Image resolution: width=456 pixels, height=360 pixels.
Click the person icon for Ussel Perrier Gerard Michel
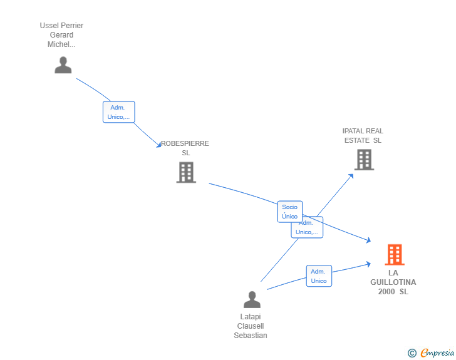click(x=63, y=65)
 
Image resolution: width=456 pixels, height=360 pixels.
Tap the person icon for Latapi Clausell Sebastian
click(x=252, y=299)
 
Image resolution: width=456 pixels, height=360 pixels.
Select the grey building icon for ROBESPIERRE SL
click(x=186, y=172)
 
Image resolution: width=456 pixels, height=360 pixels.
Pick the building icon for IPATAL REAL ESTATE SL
click(x=364, y=160)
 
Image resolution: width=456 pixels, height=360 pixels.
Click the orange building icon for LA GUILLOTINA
click(x=395, y=255)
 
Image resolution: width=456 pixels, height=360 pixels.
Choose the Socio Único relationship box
click(x=290, y=212)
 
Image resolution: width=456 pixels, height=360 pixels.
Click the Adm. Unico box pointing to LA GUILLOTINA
click(x=319, y=276)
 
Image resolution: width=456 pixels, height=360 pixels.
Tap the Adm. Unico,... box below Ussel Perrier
click(x=118, y=112)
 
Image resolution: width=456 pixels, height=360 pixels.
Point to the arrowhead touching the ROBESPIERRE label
click(x=159, y=145)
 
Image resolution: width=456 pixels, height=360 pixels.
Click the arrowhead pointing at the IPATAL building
click(x=351, y=176)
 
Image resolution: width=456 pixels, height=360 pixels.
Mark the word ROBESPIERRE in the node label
click(x=185, y=143)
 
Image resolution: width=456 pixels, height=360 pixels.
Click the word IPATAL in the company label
click(x=351, y=131)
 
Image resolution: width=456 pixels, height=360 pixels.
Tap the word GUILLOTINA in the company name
click(x=393, y=282)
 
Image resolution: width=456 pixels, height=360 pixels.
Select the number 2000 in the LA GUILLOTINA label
click(x=386, y=291)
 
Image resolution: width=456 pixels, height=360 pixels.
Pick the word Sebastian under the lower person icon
click(x=251, y=336)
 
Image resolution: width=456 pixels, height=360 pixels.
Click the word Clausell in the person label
click(x=251, y=326)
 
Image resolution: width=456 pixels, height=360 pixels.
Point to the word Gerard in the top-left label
click(x=61, y=35)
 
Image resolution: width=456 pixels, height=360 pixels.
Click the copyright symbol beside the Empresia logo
click(x=412, y=353)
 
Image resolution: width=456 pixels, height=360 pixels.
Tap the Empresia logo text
click(x=437, y=352)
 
